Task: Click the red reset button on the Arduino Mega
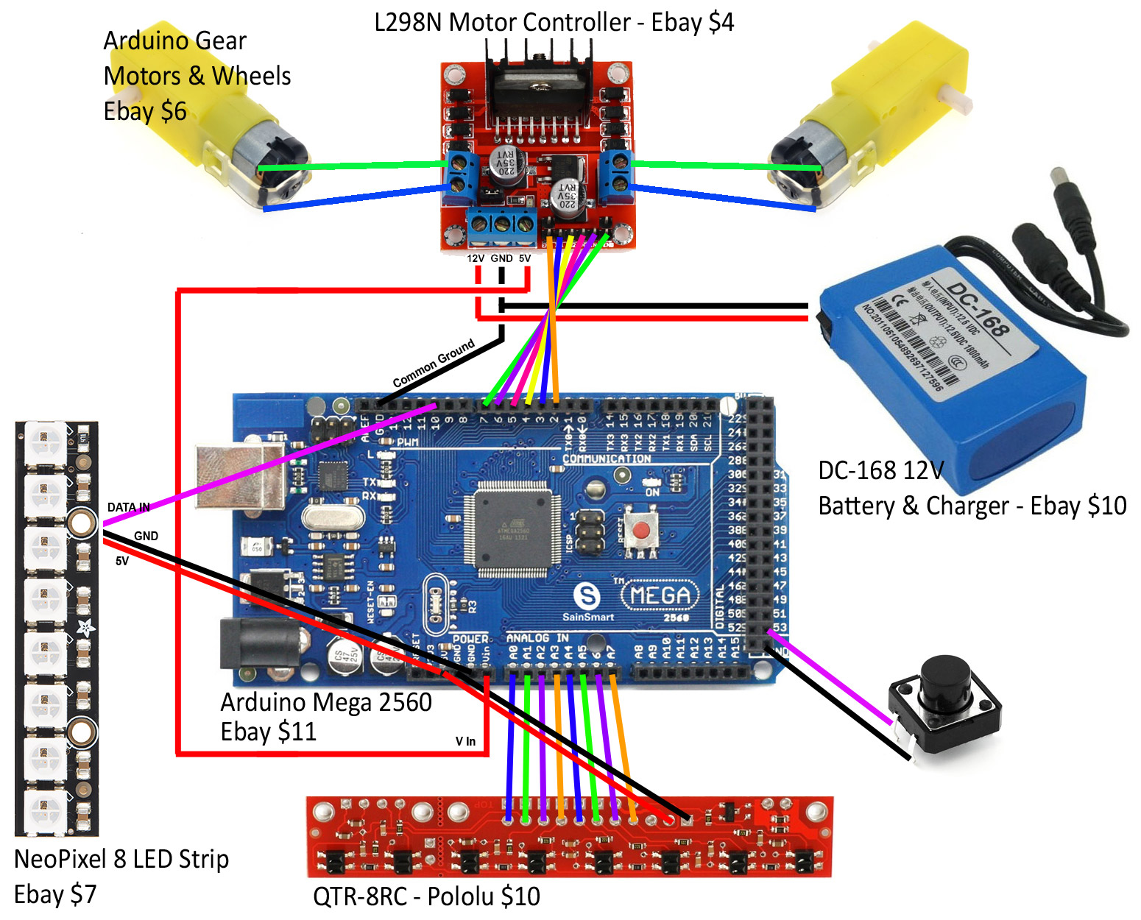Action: coord(644,528)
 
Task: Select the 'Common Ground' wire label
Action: coord(434,364)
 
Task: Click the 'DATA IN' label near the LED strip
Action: coord(128,507)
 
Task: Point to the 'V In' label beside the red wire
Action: coord(465,741)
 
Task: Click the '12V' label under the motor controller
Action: coord(476,258)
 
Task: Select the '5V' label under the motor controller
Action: coord(525,258)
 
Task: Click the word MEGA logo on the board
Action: coord(660,595)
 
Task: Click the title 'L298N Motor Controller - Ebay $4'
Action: coord(554,22)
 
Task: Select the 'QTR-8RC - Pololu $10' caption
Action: coord(426,896)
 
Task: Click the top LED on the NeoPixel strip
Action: coord(46,443)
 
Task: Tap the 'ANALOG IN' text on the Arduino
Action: coord(537,637)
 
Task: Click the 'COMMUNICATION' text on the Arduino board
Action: coord(607,459)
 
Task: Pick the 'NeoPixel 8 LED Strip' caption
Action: coord(121,859)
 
